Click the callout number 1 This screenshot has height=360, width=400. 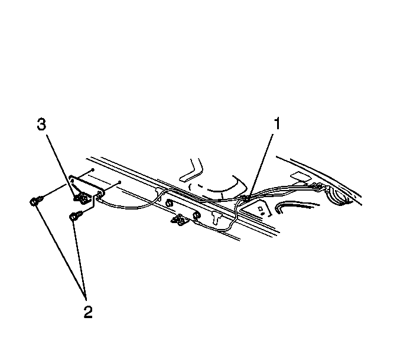[277, 123]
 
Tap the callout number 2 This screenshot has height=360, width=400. [88, 312]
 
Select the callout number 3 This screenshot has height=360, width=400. [41, 125]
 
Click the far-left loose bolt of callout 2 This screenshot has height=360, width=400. [34, 201]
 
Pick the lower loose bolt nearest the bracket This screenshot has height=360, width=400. [74, 217]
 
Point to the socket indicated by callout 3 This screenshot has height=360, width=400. [82, 198]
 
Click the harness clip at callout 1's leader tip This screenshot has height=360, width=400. [246, 198]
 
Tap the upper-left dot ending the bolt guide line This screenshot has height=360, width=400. [93, 170]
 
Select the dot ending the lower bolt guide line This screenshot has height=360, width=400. [119, 182]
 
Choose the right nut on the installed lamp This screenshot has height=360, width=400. [197, 215]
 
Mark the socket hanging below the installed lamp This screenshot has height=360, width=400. [179, 220]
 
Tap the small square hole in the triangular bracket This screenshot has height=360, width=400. [261, 209]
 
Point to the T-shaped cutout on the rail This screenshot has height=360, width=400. [216, 218]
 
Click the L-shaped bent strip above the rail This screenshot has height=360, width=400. [191, 170]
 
